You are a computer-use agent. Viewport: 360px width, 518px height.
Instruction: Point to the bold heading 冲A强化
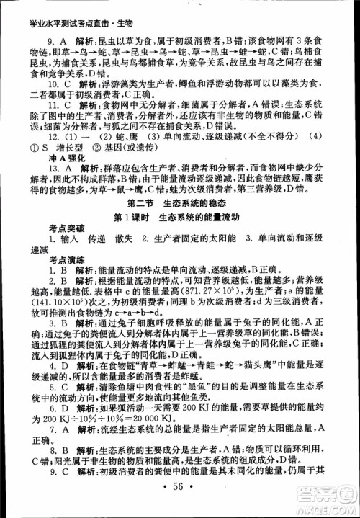(x=49, y=156)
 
